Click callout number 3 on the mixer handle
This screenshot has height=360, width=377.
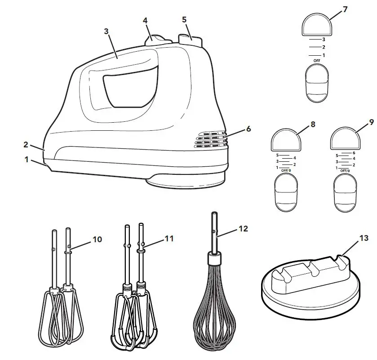pyautogui.click(x=106, y=31)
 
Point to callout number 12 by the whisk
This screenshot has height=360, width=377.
pyautogui.click(x=243, y=229)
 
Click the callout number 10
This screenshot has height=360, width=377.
pyautogui.click(x=97, y=240)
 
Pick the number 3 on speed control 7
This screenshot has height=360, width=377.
pyautogui.click(x=324, y=40)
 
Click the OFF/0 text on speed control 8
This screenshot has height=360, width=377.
pyautogui.click(x=286, y=171)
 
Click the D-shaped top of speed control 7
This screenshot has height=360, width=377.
pyautogui.click(x=317, y=25)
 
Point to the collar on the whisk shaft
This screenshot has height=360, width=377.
pyautogui.click(x=214, y=259)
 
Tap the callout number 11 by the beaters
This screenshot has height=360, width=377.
pyautogui.click(x=169, y=239)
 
